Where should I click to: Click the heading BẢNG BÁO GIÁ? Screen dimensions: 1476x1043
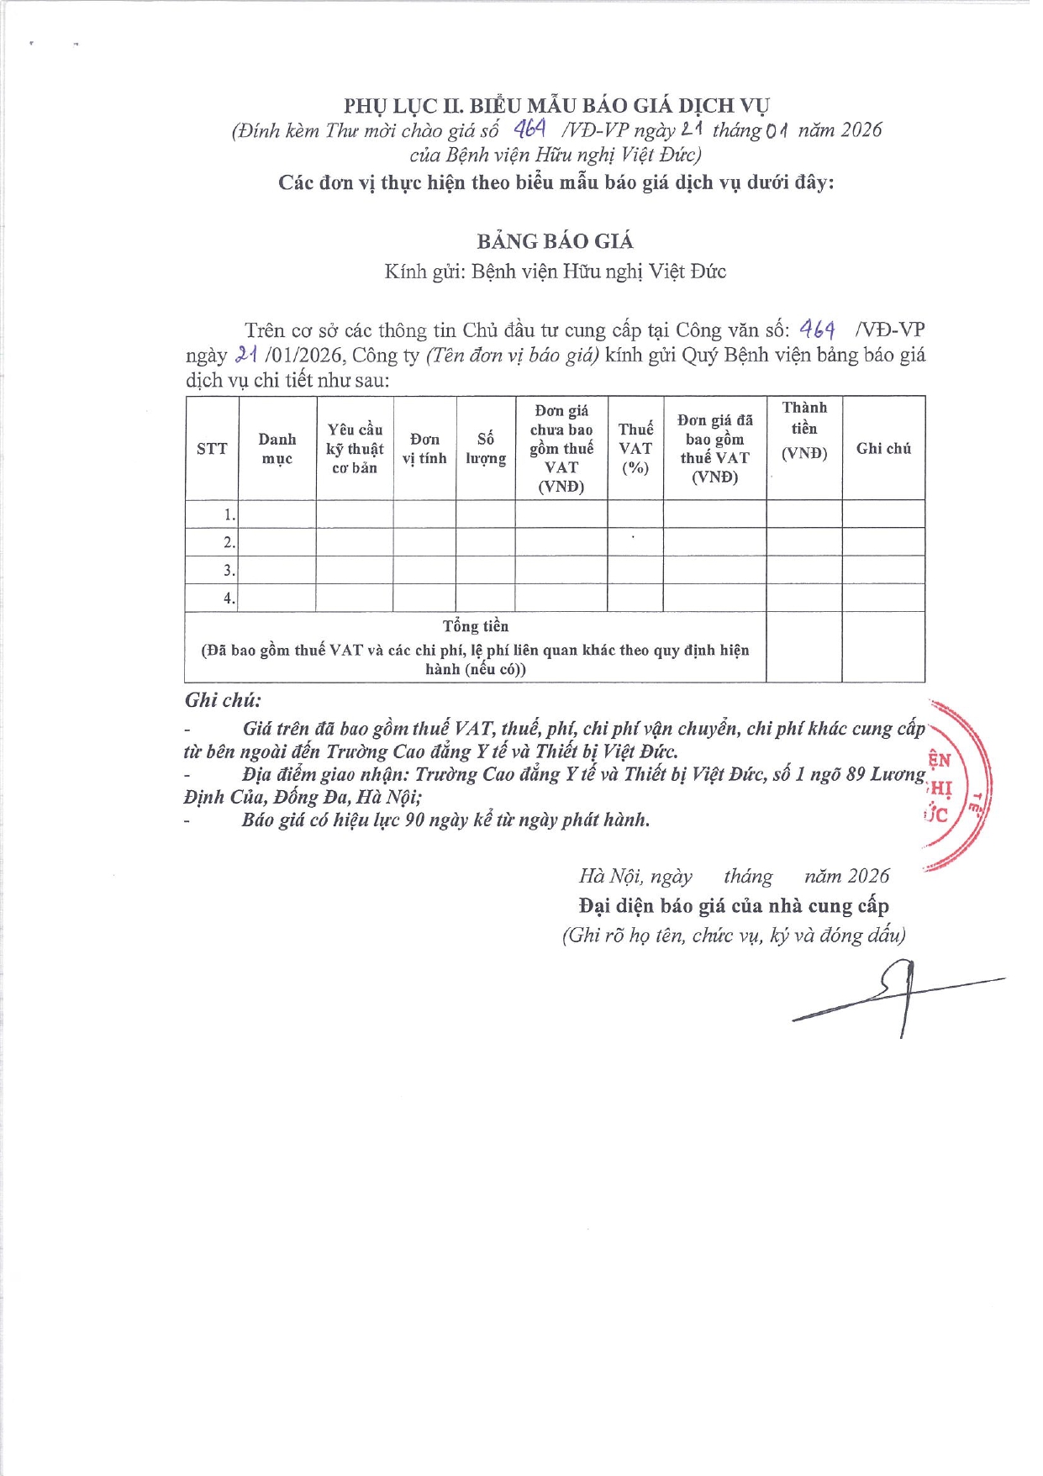click(x=555, y=241)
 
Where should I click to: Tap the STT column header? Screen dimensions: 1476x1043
click(x=212, y=449)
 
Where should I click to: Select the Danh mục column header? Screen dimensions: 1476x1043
click(x=277, y=449)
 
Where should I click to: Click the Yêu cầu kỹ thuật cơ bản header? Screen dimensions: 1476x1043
click(x=355, y=449)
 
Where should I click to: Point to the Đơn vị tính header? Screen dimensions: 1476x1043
click(x=424, y=449)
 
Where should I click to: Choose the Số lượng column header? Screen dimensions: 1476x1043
click(x=486, y=449)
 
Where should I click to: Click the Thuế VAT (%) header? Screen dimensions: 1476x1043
click(x=635, y=449)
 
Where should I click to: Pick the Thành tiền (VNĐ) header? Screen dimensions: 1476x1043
click(x=804, y=430)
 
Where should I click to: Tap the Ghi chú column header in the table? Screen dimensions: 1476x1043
click(x=883, y=449)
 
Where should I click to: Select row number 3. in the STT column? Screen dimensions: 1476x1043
click(x=229, y=571)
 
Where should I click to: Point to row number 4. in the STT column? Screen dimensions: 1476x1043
click(x=229, y=598)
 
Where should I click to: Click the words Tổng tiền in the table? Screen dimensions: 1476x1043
click(x=476, y=626)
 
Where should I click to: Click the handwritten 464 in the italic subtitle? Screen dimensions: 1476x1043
click(x=530, y=129)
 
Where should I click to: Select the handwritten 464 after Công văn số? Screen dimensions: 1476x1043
click(x=817, y=329)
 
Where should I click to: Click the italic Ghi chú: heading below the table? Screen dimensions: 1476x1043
click(x=223, y=700)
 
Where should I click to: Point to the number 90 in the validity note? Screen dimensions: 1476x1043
click(x=414, y=820)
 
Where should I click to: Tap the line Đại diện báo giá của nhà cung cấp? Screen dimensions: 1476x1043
click(x=734, y=906)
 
